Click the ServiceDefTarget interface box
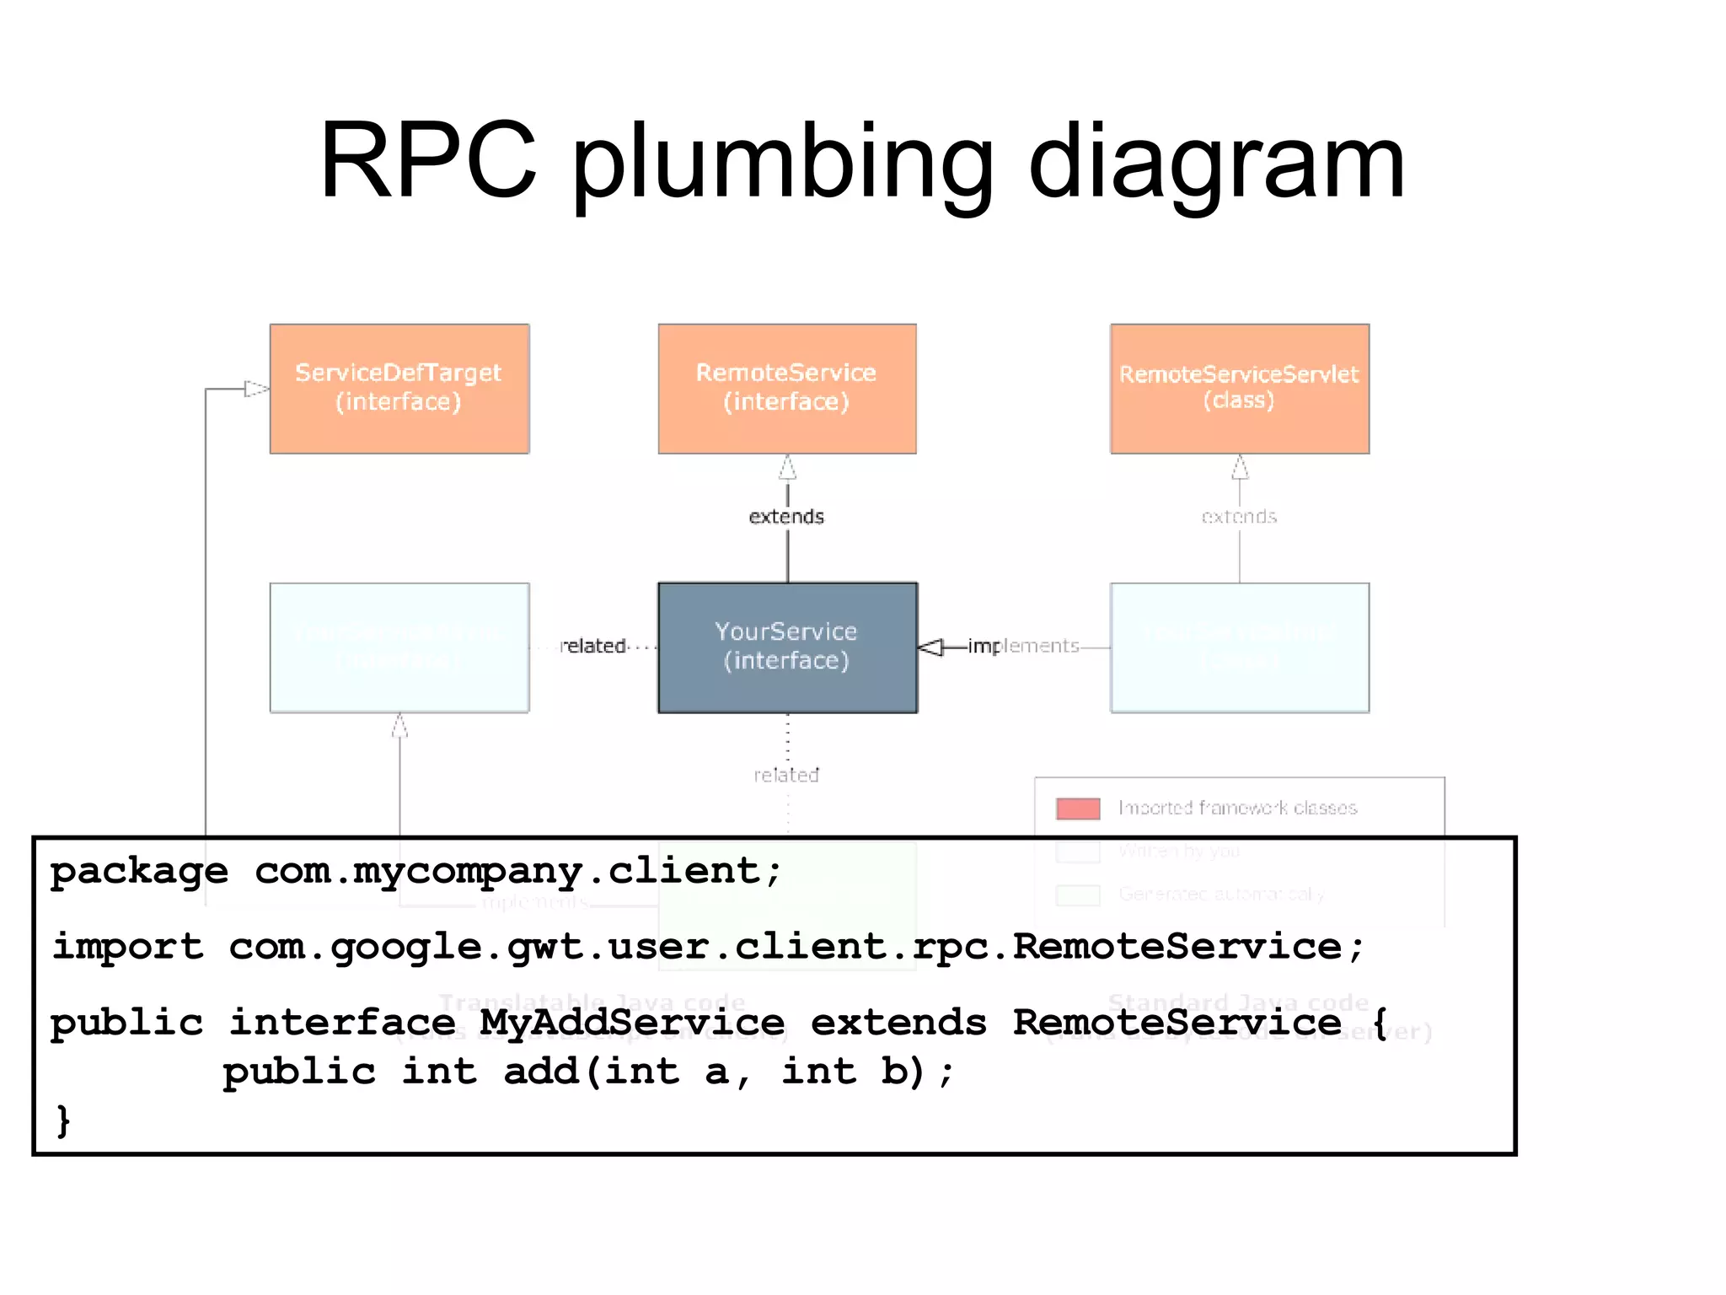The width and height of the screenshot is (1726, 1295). (x=399, y=389)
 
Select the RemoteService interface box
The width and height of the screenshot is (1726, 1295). (x=787, y=389)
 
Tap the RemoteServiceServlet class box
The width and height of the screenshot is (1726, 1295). (x=1239, y=389)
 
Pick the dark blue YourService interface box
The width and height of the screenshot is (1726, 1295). (x=787, y=647)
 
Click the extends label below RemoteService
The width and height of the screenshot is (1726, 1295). (x=786, y=516)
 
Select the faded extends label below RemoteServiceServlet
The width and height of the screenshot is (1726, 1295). (x=1239, y=516)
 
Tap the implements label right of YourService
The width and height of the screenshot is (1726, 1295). (x=1023, y=646)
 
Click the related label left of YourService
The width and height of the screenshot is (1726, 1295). (x=592, y=646)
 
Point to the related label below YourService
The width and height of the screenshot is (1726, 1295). (x=786, y=775)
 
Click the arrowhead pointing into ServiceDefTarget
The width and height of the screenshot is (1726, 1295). (x=256, y=389)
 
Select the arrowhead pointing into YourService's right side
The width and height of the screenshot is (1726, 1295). (x=930, y=647)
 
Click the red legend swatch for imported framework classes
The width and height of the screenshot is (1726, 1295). (x=1078, y=809)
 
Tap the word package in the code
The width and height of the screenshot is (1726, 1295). (x=139, y=871)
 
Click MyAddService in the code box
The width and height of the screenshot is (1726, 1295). (x=632, y=1023)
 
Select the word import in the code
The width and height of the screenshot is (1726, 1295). (x=128, y=947)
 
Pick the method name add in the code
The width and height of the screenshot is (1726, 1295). (x=542, y=1072)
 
